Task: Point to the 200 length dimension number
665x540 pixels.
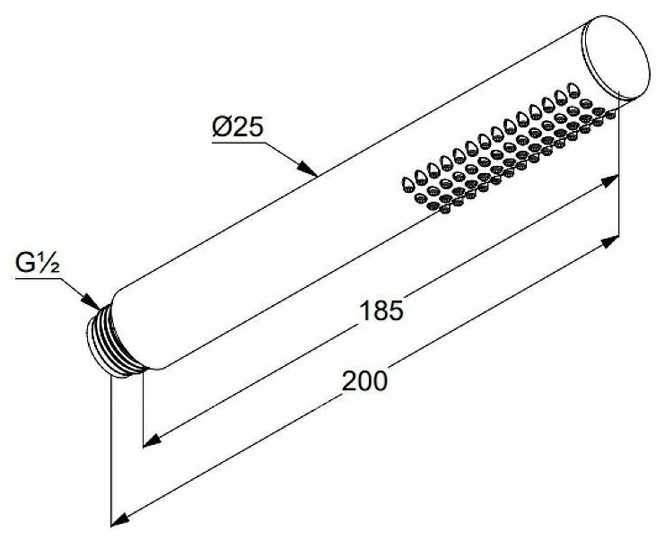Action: [x=364, y=380]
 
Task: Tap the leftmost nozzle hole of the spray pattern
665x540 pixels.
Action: [x=407, y=184]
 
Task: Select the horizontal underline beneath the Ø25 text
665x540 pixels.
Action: [x=238, y=141]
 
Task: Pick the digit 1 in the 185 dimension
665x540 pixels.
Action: [x=363, y=311]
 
